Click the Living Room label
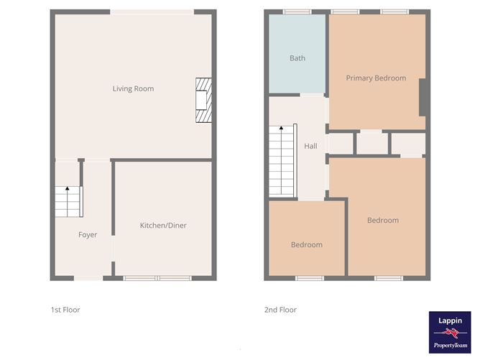(133, 89)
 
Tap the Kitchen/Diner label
(163, 226)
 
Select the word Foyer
(88, 235)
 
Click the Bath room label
(297, 58)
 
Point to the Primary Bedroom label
(376, 78)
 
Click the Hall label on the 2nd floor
(310, 146)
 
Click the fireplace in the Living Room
(204, 101)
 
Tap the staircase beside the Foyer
(69, 200)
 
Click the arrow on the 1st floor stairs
(68, 189)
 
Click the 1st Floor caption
(65, 310)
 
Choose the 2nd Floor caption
(280, 310)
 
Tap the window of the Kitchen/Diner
(158, 278)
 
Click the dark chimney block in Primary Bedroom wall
(423, 97)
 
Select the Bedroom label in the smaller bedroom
(306, 245)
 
